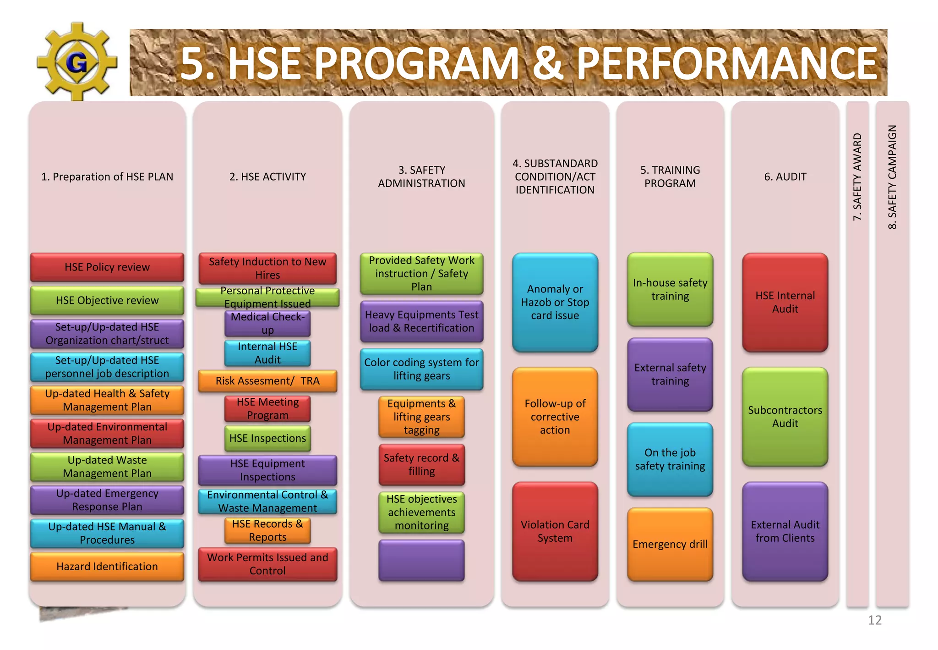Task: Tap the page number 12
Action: pyautogui.click(x=874, y=620)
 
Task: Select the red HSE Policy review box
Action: pyautogui.click(x=107, y=267)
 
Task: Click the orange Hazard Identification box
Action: pyautogui.click(x=107, y=567)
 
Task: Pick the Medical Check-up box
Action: pyautogui.click(x=267, y=324)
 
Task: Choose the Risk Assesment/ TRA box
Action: pyautogui.click(x=267, y=381)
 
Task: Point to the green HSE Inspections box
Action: pyautogui.click(x=267, y=438)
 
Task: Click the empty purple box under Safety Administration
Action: pyautogui.click(x=421, y=560)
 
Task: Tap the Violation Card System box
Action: pyautogui.click(x=555, y=531)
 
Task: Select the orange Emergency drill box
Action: pyautogui.click(x=670, y=544)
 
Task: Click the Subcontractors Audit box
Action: pyautogui.click(x=785, y=417)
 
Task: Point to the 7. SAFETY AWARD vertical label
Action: pyautogui.click(x=857, y=177)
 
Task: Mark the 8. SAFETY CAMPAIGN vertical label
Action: pyautogui.click(x=892, y=177)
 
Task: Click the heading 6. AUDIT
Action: pyautogui.click(x=785, y=177)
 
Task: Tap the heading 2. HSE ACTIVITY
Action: pyautogui.click(x=267, y=177)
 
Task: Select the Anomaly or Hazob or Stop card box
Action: pyautogui.click(x=555, y=303)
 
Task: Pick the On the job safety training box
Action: pyautogui.click(x=670, y=459)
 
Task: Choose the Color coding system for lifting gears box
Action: pyautogui.click(x=421, y=369)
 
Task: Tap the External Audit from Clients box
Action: pyautogui.click(x=785, y=531)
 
